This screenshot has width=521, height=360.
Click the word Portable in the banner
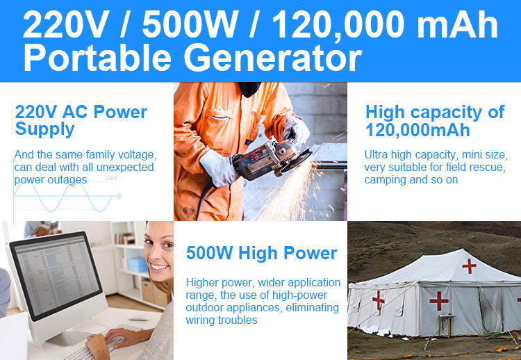(x=97, y=58)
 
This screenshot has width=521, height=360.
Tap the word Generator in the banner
(x=273, y=58)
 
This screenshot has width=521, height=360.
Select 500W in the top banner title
(x=190, y=24)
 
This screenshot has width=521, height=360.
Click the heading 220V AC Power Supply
(x=81, y=121)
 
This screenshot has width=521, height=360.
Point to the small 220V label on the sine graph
(x=111, y=178)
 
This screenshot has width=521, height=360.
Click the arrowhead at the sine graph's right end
(x=118, y=196)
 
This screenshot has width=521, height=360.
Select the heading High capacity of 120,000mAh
(x=435, y=121)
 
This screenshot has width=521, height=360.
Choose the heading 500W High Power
(x=261, y=253)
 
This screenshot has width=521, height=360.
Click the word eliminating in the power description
(x=312, y=307)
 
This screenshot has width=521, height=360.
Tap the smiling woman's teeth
(x=159, y=267)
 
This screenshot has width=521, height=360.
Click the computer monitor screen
(x=57, y=275)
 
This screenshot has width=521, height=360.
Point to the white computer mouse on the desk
(x=138, y=320)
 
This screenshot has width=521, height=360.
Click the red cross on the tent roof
(x=469, y=266)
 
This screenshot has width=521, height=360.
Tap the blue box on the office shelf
(x=138, y=265)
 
